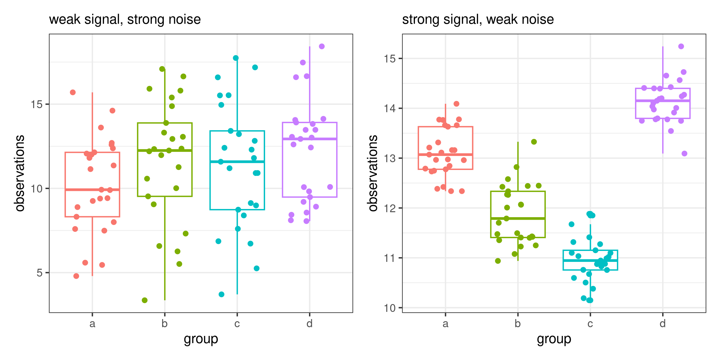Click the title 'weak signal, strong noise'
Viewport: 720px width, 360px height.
(x=125, y=19)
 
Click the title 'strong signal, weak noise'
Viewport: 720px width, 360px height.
(x=478, y=19)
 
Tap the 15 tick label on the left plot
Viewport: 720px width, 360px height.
(x=37, y=104)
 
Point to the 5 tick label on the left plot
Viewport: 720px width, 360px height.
(x=39, y=273)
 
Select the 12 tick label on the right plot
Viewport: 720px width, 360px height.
(x=390, y=208)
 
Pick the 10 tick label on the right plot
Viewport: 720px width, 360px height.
(x=390, y=308)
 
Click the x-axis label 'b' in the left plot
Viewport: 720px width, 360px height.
(x=165, y=324)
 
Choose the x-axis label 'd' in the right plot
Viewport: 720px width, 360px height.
(x=662, y=324)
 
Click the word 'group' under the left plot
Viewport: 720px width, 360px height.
(x=201, y=339)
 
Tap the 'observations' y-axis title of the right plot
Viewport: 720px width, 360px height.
(x=373, y=173)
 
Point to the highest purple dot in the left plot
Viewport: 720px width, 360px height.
(x=322, y=46)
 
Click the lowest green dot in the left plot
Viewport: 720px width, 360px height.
(x=145, y=300)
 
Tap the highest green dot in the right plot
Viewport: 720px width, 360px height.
(x=534, y=142)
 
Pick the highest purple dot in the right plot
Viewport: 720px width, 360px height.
(x=681, y=46)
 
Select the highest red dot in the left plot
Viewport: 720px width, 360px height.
(x=73, y=92)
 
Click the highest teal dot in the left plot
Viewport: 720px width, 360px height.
(x=236, y=58)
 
